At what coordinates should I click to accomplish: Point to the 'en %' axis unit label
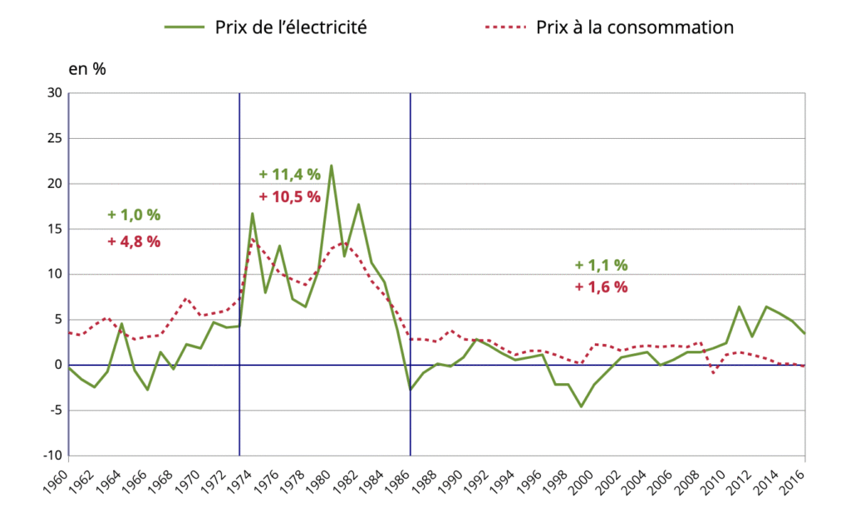click(x=86, y=69)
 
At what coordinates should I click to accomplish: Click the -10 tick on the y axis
click(x=52, y=455)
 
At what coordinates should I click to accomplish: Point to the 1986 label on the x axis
click(x=402, y=480)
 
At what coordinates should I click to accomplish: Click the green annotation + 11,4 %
click(x=289, y=175)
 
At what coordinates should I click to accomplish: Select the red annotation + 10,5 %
click(x=289, y=197)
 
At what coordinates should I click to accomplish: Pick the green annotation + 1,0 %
click(x=134, y=214)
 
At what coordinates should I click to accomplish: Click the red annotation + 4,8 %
click(x=134, y=242)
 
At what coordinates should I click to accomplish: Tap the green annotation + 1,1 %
click(x=601, y=265)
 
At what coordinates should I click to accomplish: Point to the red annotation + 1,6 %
click(x=601, y=288)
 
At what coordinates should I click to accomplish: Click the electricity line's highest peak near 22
click(x=332, y=165)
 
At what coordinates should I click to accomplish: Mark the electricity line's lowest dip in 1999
click(x=581, y=406)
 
